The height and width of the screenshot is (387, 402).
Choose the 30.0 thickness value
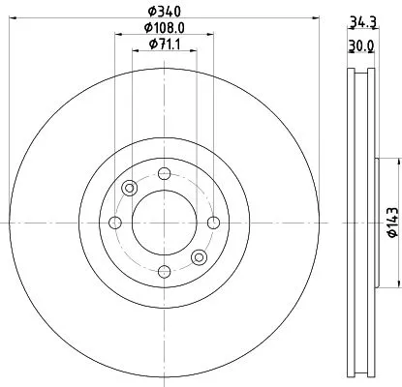(360, 45)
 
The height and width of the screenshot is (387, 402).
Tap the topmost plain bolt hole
(164, 174)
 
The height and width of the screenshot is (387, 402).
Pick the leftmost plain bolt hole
(116, 223)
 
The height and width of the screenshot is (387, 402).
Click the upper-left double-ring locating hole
(129, 189)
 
